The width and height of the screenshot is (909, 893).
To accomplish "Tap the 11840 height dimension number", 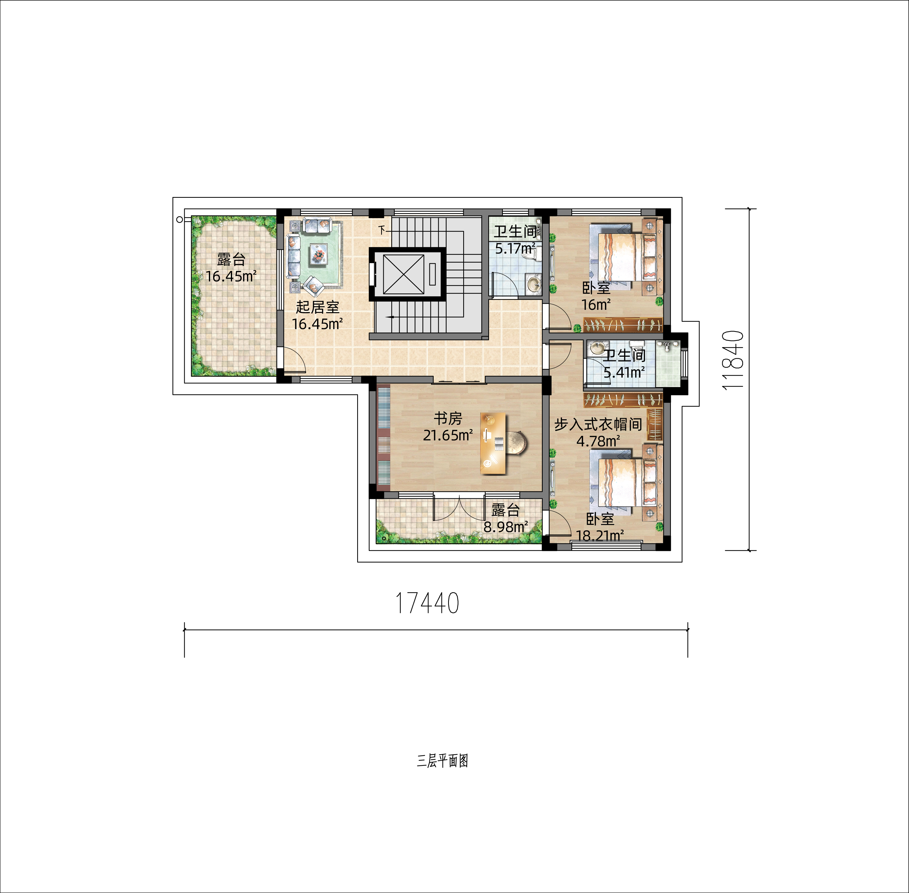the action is (733, 360).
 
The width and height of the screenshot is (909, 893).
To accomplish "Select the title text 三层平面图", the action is (442, 761).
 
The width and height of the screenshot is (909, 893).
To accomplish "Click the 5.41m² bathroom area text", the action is (624, 372).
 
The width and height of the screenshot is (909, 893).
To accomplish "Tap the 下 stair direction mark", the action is (382, 230).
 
